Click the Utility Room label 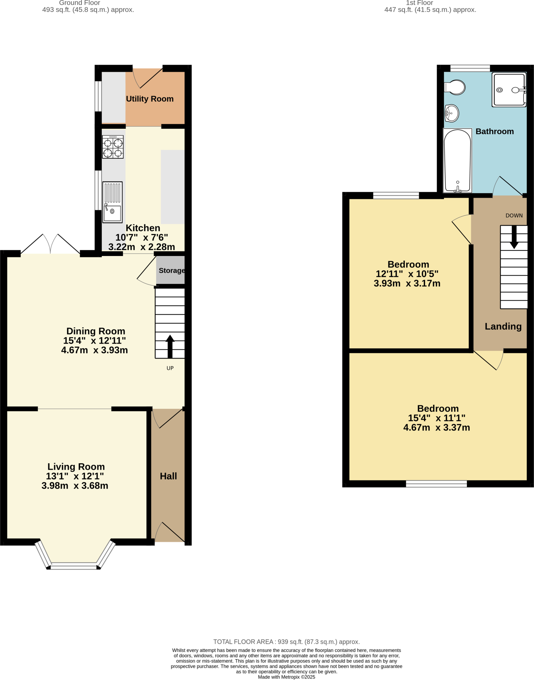click(x=149, y=99)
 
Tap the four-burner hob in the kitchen click(x=113, y=147)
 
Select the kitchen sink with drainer click(x=112, y=202)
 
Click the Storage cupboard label click(x=171, y=271)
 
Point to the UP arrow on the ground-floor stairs click(x=170, y=346)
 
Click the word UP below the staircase click(x=170, y=368)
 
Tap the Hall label click(x=168, y=476)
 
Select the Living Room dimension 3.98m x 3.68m click(x=75, y=486)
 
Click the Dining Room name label click(x=96, y=331)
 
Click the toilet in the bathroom click(x=455, y=87)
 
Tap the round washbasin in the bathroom click(x=452, y=113)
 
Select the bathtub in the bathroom click(x=457, y=161)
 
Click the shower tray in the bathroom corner click(x=509, y=90)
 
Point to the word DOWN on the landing click(x=514, y=215)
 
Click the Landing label click(x=503, y=326)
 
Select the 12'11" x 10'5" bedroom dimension click(x=407, y=274)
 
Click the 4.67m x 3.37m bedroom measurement click(x=436, y=428)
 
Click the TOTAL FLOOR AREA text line click(x=286, y=642)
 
